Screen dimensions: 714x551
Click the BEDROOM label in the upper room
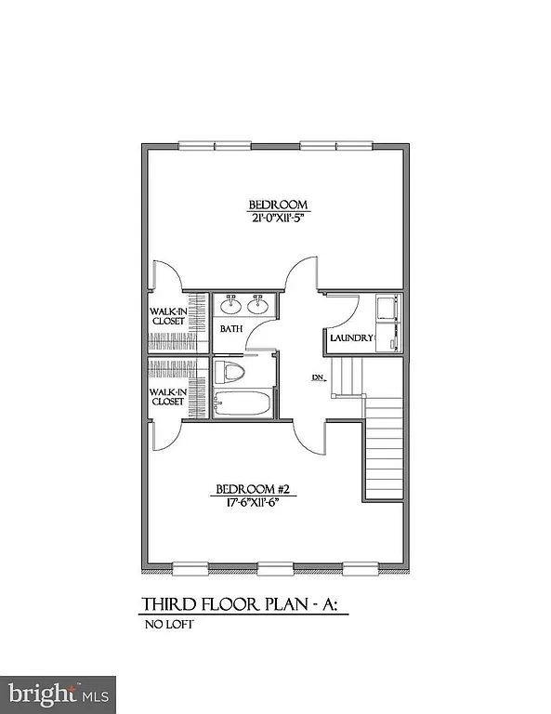pos(277,205)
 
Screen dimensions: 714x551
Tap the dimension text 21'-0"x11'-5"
pos(277,220)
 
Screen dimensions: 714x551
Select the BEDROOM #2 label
pos(247,489)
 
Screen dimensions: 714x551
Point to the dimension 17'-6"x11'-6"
pos(247,504)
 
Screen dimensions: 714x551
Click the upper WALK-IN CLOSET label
pos(168,317)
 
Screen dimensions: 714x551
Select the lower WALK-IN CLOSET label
pos(168,398)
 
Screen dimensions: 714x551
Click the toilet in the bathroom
pos(229,374)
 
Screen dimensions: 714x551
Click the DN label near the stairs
pos(317,378)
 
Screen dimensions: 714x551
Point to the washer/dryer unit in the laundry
pos(387,323)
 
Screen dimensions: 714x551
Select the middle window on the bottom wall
pos(273,566)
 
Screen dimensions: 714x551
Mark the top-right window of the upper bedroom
pos(337,144)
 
